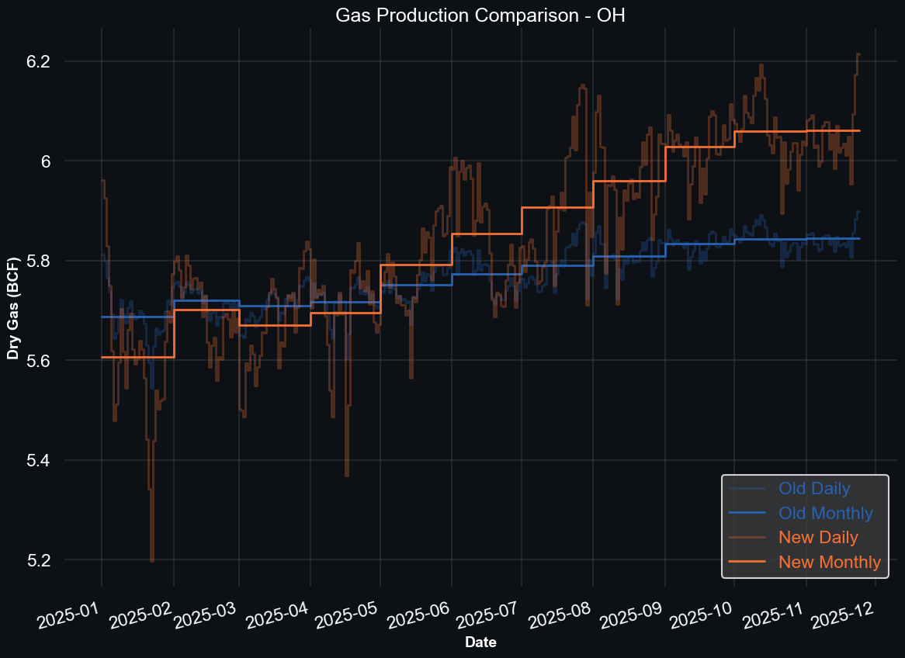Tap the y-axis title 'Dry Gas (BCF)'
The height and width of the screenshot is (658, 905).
[x=13, y=298]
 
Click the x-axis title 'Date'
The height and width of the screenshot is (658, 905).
[x=480, y=642]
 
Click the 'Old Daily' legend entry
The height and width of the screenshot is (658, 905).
[x=814, y=489]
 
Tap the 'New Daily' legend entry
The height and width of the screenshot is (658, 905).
[x=818, y=537]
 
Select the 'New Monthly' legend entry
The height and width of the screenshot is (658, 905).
[x=830, y=562]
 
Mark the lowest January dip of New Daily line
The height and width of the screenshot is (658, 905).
[x=152, y=560]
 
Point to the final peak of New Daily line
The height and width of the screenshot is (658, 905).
[x=858, y=54]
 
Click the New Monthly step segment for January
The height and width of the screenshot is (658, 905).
[x=137, y=357]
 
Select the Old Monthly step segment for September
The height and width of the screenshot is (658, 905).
[x=699, y=244]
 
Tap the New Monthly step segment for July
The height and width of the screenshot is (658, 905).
[x=557, y=208]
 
